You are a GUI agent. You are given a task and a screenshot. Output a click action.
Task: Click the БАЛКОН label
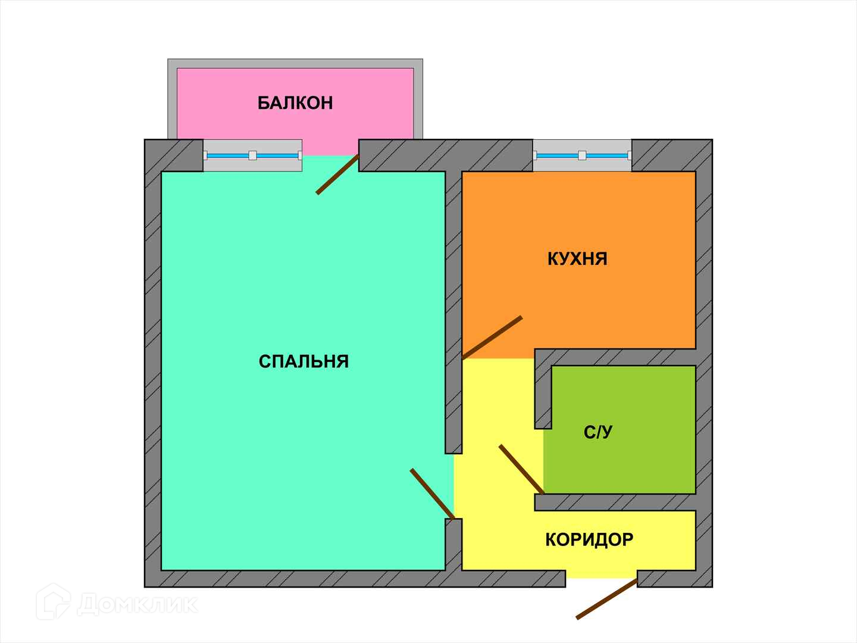[x=295, y=103]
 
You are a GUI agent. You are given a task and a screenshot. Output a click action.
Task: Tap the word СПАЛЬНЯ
[x=304, y=361]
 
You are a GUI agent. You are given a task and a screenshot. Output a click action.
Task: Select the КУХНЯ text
[x=577, y=259]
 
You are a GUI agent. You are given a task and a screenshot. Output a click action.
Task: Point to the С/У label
[x=598, y=432]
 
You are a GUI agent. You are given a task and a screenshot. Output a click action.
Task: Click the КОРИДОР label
[x=589, y=540]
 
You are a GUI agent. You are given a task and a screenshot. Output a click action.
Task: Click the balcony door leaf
[x=337, y=174]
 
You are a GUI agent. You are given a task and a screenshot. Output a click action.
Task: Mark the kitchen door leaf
[x=492, y=338]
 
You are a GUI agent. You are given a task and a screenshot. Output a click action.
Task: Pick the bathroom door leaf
[x=521, y=469]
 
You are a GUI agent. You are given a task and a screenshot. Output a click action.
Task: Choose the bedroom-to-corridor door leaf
[x=432, y=494]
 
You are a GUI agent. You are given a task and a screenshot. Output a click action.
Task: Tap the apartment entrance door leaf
[x=607, y=599]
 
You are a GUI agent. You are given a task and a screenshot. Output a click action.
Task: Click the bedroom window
[x=252, y=155]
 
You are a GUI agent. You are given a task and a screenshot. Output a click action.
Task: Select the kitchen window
[x=582, y=155]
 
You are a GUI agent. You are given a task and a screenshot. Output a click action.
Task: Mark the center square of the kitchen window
[x=582, y=155]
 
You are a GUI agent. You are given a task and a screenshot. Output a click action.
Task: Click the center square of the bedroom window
[x=252, y=155]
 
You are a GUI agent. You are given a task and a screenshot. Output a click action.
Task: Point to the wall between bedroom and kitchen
[x=453, y=268]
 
